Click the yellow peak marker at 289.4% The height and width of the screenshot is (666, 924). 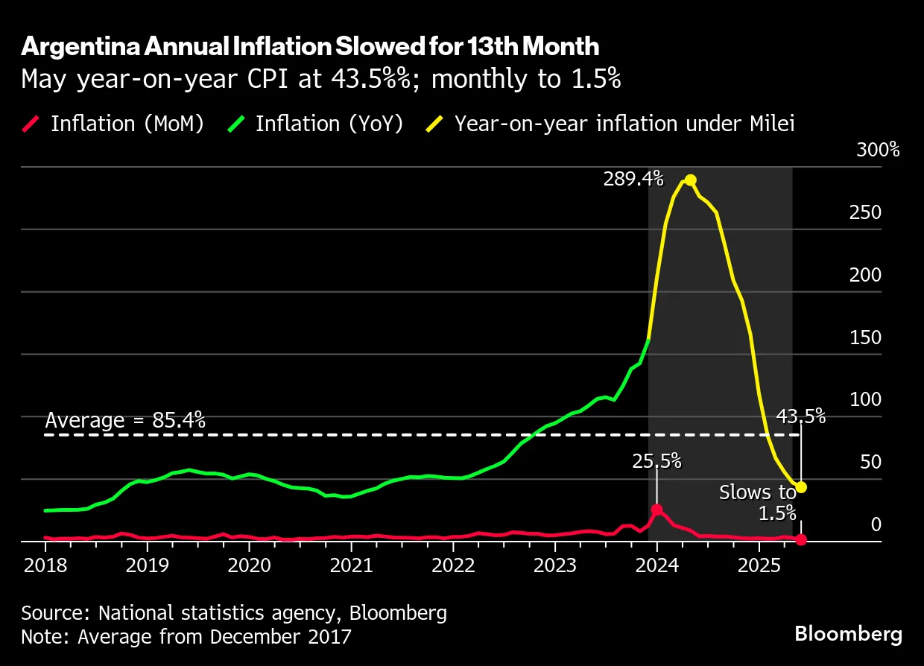pyautogui.click(x=690, y=180)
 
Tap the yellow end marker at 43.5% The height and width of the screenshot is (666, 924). pyautogui.click(x=801, y=487)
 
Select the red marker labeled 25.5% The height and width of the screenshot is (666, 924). pyautogui.click(x=656, y=510)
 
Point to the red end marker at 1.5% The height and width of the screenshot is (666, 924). pyautogui.click(x=801, y=539)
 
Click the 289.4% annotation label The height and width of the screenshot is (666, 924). pyautogui.click(x=633, y=179)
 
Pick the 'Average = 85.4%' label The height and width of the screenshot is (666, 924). pyautogui.click(x=124, y=421)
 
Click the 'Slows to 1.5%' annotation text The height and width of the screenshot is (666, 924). pyautogui.click(x=758, y=502)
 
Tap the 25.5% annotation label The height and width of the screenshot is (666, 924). pyautogui.click(x=656, y=461)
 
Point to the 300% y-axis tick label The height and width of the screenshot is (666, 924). pyautogui.click(x=878, y=150)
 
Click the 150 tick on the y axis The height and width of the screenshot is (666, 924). pyautogui.click(x=865, y=337)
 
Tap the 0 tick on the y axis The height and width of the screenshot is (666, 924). pyautogui.click(x=876, y=524)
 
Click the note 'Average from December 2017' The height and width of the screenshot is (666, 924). pyautogui.click(x=186, y=637)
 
